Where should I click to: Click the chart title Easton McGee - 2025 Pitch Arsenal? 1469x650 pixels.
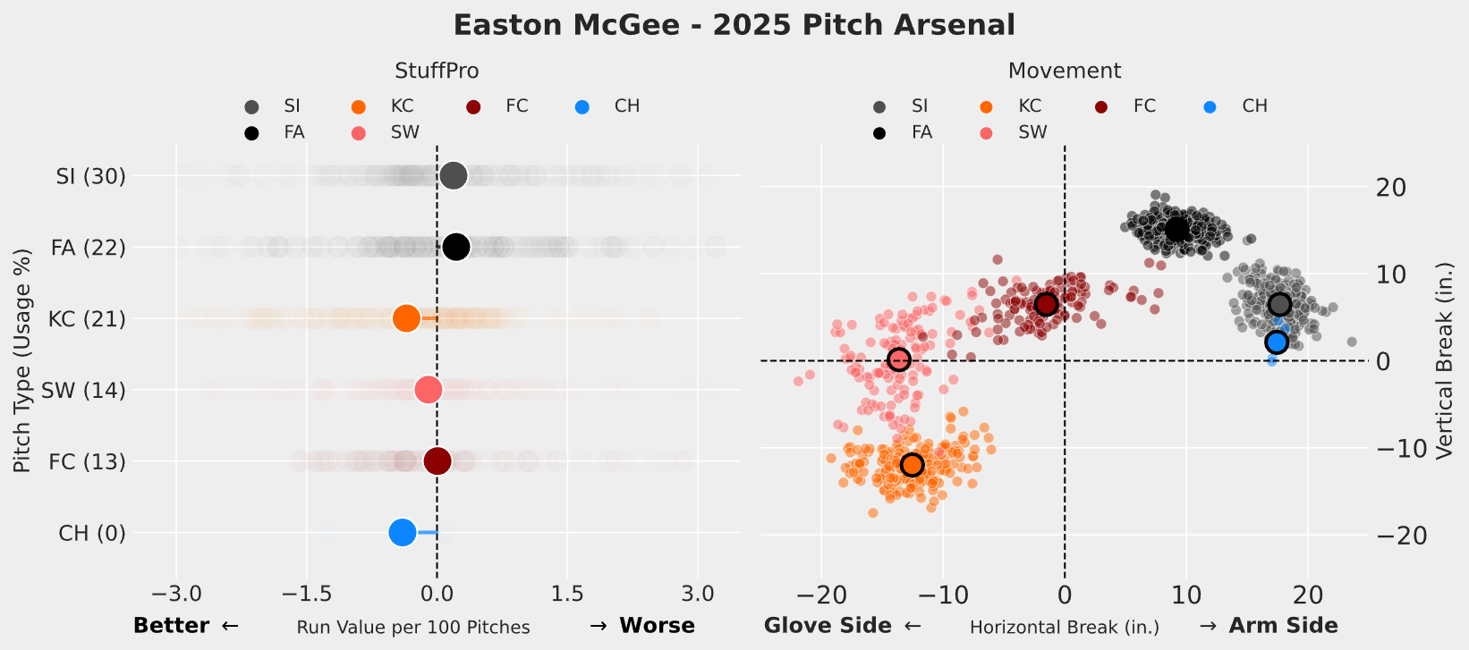point(734,24)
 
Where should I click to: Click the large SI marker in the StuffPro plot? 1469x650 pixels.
point(454,176)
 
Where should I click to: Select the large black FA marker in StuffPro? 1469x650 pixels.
point(456,247)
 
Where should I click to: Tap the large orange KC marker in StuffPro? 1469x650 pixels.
point(406,318)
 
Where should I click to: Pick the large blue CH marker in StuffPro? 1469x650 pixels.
point(403,533)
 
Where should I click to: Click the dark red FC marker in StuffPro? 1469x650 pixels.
point(437,461)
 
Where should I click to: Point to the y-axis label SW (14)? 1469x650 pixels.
point(83,391)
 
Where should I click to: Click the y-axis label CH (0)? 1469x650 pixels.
point(92,534)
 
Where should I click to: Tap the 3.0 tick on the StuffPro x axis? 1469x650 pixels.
point(698,595)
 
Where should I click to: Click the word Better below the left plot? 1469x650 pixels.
point(171,626)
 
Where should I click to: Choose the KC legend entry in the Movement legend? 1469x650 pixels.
point(1029,106)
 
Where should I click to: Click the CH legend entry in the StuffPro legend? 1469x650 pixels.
point(626,106)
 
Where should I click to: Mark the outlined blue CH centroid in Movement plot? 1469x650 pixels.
point(1277,342)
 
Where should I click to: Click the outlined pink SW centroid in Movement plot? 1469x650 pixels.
point(899,359)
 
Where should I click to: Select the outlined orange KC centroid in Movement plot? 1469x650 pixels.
point(912,465)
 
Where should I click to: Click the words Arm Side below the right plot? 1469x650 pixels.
point(1283,626)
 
